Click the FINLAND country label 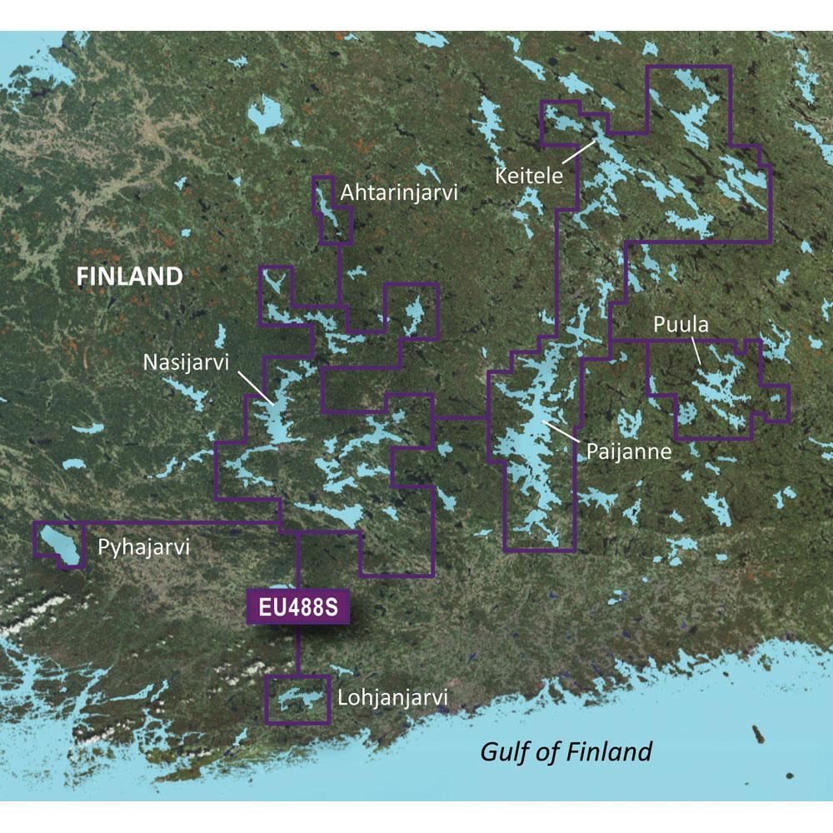[129, 277]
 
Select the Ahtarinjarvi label [400, 193]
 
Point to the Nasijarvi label [185, 362]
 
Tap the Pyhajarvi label [144, 547]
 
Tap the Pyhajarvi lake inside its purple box [59, 543]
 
